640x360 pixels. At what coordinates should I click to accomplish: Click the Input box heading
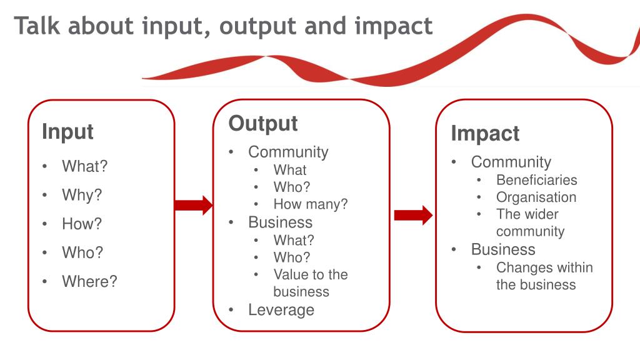(67, 132)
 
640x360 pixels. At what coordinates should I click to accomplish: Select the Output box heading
(263, 124)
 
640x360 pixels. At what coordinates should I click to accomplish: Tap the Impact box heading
(485, 134)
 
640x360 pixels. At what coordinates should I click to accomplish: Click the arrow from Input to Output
(194, 205)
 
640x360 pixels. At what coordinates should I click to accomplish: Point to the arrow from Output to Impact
(413, 215)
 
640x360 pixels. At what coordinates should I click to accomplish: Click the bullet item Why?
(82, 195)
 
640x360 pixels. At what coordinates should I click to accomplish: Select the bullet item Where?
(89, 281)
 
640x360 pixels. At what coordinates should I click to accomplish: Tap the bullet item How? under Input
(82, 224)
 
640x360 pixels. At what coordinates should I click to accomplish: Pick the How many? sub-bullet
(310, 204)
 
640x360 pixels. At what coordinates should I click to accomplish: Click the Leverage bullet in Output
(281, 309)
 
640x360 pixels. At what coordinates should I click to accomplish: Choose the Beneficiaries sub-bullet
(536, 180)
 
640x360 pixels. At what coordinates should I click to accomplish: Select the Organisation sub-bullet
(536, 197)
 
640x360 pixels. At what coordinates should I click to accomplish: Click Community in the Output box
(288, 152)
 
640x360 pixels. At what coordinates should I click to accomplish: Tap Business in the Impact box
(503, 249)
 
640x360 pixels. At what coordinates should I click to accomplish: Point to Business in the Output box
(280, 222)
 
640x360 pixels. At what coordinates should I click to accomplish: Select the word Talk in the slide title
(38, 26)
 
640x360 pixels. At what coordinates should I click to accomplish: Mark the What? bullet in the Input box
(85, 167)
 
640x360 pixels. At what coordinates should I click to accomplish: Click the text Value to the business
(310, 283)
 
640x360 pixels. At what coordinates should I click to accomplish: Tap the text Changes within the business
(544, 276)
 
